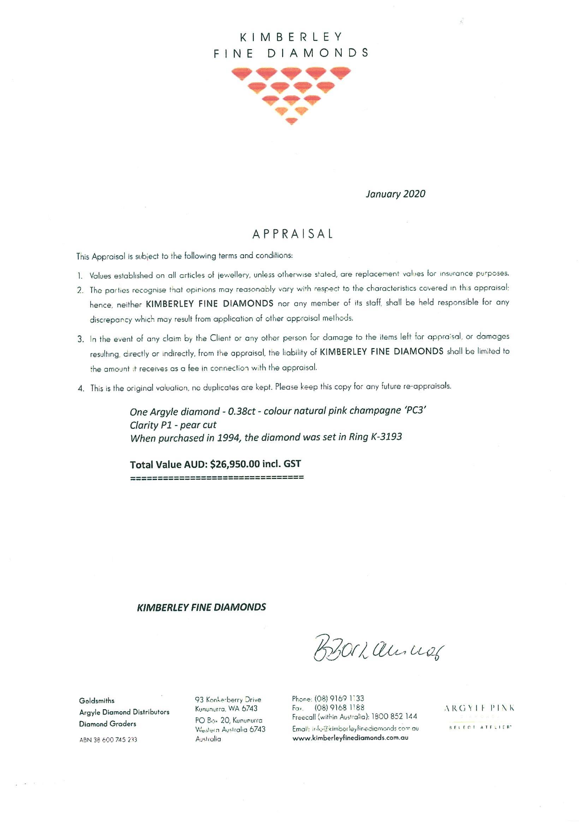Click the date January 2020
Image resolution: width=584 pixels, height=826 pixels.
pos(395,194)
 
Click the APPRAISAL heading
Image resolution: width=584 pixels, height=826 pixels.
pos(293,234)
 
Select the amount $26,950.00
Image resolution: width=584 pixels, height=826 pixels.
pos(234,464)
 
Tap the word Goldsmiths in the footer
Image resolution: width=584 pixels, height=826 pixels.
pos(97,700)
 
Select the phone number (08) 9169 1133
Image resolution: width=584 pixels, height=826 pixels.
pos(339,698)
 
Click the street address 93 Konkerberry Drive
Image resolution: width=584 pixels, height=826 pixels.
pos(228,700)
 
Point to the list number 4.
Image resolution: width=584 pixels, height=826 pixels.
pos(81,389)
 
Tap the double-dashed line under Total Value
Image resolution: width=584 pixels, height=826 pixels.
pos(216,478)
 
